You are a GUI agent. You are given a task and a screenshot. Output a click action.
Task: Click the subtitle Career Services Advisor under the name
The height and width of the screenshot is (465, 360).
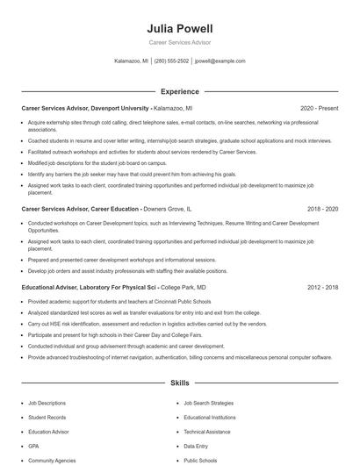(x=179, y=42)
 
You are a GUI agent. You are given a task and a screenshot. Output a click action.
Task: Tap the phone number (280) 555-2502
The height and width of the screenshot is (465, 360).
(x=171, y=61)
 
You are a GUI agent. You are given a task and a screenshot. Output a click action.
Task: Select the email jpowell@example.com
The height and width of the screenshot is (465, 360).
(x=220, y=61)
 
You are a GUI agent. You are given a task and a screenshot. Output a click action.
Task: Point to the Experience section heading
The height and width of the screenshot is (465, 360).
(x=179, y=91)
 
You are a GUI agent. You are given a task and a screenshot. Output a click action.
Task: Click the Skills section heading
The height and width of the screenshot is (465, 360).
(x=179, y=383)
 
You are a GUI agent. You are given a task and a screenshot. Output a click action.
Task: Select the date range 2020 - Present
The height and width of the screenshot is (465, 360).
(x=319, y=109)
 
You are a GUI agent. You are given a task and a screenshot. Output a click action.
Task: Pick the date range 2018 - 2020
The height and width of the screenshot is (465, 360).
(x=322, y=210)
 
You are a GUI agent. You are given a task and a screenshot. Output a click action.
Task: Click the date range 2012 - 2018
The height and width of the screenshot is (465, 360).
(x=322, y=287)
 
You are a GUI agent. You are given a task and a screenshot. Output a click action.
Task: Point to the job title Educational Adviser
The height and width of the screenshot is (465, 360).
(x=51, y=287)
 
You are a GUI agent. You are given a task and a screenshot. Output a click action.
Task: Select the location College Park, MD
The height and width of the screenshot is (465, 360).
(x=184, y=287)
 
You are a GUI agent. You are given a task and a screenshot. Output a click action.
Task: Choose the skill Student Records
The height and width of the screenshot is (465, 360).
(x=47, y=417)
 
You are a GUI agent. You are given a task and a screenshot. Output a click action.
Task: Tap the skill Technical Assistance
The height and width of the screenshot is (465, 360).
(x=206, y=432)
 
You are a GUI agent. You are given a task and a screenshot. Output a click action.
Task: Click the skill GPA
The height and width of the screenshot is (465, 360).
(x=32, y=446)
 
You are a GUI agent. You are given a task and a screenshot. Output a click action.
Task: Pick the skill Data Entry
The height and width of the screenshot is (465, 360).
(x=195, y=446)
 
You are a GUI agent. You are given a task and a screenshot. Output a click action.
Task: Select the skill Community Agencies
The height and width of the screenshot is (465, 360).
(x=51, y=460)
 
